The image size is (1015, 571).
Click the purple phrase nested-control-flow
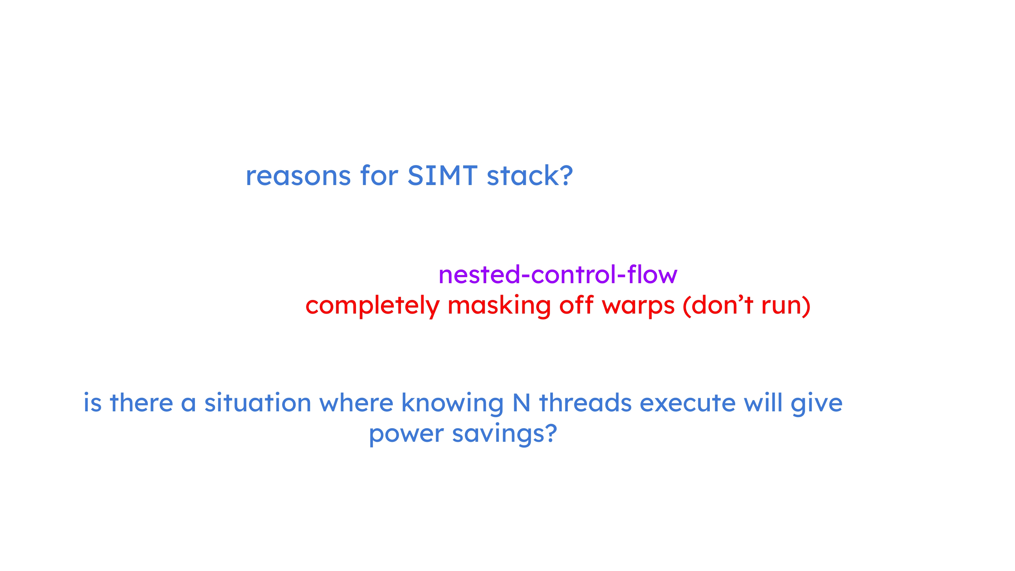pyautogui.click(x=558, y=274)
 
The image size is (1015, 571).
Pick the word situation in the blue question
pyautogui.click(x=258, y=403)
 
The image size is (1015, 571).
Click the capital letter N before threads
pyautogui.click(x=521, y=403)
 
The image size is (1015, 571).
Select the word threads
pyautogui.click(x=585, y=403)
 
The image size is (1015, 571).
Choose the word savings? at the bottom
pyautogui.click(x=504, y=434)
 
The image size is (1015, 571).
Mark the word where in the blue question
pyautogui.click(x=356, y=403)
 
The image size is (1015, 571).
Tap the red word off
pyautogui.click(x=576, y=305)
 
